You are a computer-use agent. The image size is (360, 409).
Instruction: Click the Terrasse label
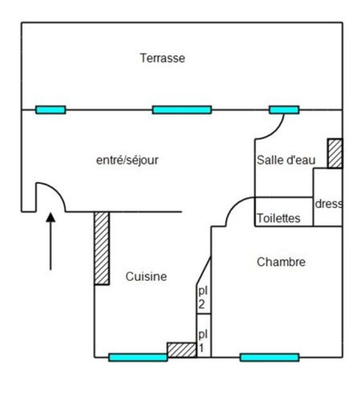click(x=162, y=58)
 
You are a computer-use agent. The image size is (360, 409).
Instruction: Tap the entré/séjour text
click(x=127, y=160)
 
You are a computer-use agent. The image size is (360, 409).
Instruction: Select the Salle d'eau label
click(x=286, y=160)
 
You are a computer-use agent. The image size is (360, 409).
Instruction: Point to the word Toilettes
click(x=278, y=218)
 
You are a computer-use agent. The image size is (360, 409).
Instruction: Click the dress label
click(x=329, y=203)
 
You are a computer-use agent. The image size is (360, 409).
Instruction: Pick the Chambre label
click(x=281, y=262)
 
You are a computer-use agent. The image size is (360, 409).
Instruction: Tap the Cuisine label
click(x=146, y=277)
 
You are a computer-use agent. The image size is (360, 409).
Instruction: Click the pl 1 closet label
click(x=203, y=341)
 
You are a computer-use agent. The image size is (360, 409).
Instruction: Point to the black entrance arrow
click(x=51, y=242)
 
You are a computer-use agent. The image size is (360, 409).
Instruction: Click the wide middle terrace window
click(x=182, y=110)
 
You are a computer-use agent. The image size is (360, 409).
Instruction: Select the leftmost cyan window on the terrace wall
click(x=50, y=110)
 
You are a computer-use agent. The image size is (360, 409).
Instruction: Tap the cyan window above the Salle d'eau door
click(x=284, y=110)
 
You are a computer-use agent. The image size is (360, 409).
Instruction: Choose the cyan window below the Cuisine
click(x=138, y=358)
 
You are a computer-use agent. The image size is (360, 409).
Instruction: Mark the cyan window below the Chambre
click(x=269, y=358)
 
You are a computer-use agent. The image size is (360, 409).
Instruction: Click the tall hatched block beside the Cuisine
click(x=102, y=248)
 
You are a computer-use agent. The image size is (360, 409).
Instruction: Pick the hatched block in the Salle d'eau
click(x=335, y=154)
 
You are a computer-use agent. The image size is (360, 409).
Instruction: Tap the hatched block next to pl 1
click(x=182, y=350)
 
